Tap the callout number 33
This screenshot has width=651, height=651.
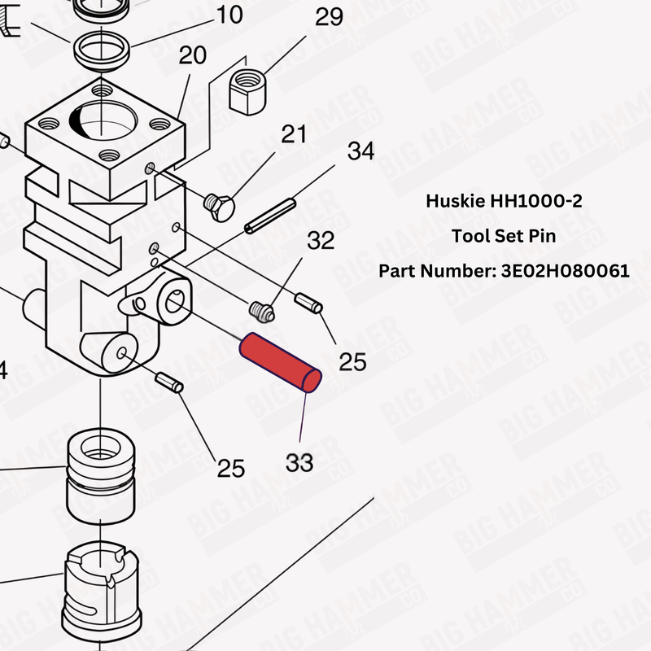[x=299, y=462]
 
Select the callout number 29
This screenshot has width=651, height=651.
[x=329, y=17]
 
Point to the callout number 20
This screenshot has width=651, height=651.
[x=193, y=55]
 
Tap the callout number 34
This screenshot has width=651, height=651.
[x=360, y=151]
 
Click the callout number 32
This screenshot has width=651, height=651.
[x=320, y=240]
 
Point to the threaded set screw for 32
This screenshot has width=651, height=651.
[x=260, y=310]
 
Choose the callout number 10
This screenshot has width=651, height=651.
[x=229, y=14]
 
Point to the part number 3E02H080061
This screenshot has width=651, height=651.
[x=561, y=271]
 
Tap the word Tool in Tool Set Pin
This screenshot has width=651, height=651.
[x=467, y=237]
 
